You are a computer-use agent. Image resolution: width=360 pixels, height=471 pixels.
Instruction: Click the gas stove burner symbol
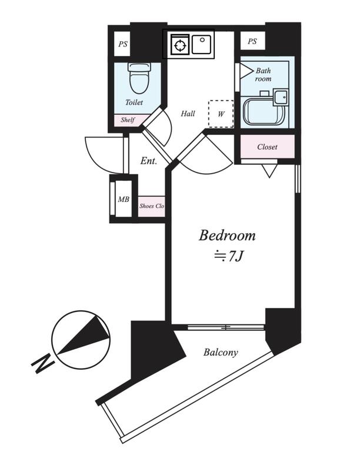point(179,45)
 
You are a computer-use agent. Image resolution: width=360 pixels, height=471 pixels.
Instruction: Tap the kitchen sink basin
point(201,45)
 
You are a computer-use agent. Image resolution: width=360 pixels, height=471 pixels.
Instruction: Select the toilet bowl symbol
point(139,78)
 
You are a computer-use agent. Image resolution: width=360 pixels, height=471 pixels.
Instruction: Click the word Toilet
point(134,102)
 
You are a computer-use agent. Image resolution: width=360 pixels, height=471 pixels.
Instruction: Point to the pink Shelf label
point(128,120)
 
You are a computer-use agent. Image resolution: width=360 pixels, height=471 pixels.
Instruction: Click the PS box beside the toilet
point(122,44)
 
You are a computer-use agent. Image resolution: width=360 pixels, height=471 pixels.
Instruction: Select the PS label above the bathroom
point(252,41)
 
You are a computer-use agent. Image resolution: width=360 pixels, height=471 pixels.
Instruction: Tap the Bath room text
point(263,75)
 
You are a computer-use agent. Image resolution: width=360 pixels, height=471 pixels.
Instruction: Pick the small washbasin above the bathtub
point(281,97)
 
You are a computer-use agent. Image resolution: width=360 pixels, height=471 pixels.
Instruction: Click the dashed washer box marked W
point(221,114)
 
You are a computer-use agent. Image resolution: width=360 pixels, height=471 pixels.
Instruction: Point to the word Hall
point(188,114)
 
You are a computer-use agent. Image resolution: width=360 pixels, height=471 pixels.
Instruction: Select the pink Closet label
point(267,147)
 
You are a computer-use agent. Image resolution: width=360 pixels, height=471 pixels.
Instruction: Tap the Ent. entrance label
point(149,161)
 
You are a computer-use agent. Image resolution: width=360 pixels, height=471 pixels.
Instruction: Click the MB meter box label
point(124,199)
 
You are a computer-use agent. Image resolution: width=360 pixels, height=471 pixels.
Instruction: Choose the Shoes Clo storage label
point(152,206)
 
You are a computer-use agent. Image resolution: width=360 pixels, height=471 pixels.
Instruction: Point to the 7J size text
point(228,256)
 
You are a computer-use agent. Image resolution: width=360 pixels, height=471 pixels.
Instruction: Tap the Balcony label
point(221,352)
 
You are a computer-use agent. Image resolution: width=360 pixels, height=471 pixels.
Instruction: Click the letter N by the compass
point(43,363)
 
